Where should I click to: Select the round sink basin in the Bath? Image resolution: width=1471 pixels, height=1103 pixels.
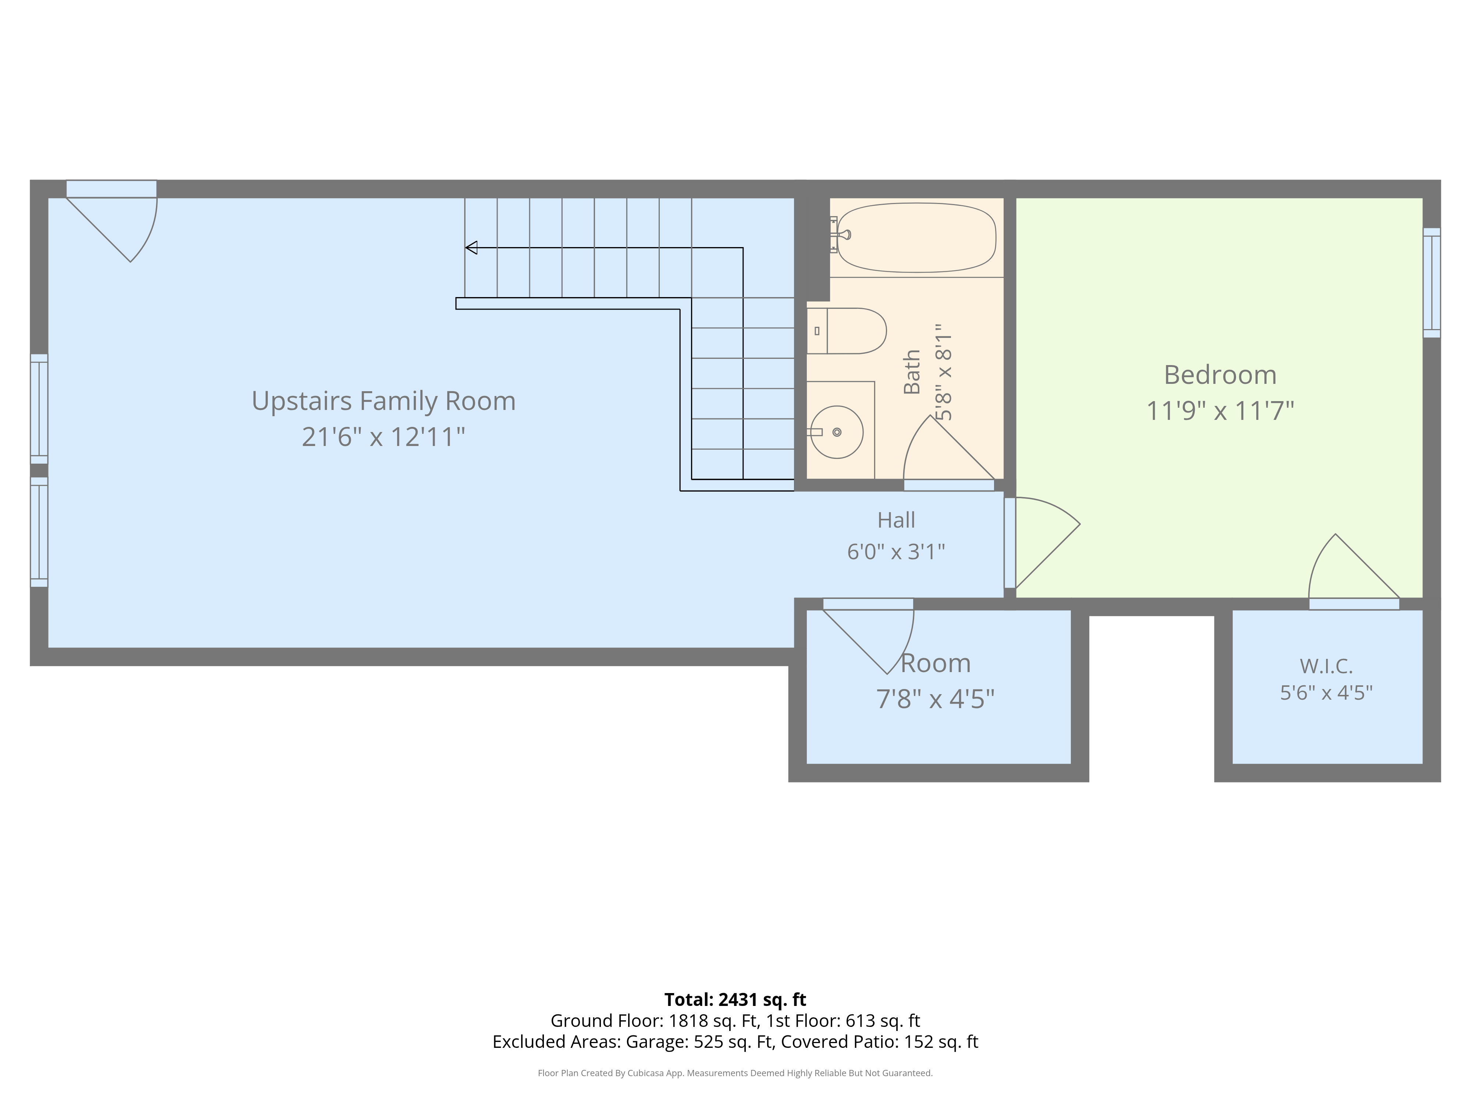[837, 432]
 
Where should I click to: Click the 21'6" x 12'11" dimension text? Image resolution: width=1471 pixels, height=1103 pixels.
[384, 437]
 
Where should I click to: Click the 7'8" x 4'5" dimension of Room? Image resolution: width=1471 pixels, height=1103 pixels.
[935, 699]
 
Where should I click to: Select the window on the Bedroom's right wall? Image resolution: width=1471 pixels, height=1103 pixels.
[1432, 283]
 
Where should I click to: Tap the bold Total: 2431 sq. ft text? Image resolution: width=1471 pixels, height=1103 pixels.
[735, 999]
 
